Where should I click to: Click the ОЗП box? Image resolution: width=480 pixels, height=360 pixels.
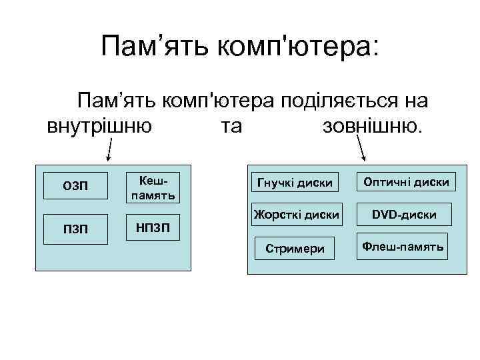pyautogui.click(x=75, y=185)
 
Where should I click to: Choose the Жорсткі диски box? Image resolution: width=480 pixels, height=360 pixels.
pyautogui.click(x=295, y=215)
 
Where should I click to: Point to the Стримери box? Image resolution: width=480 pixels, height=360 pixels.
pyautogui.click(x=295, y=249)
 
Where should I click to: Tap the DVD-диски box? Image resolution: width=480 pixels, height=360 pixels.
pyautogui.click(x=405, y=215)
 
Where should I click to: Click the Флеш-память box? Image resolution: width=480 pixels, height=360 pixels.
pyautogui.click(x=403, y=247)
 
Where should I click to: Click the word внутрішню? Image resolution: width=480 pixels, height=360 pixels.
pyautogui.click(x=99, y=126)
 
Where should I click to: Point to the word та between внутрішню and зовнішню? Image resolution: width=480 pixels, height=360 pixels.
pyautogui.click(x=231, y=126)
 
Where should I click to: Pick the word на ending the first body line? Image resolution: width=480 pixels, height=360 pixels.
pyautogui.click(x=416, y=101)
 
